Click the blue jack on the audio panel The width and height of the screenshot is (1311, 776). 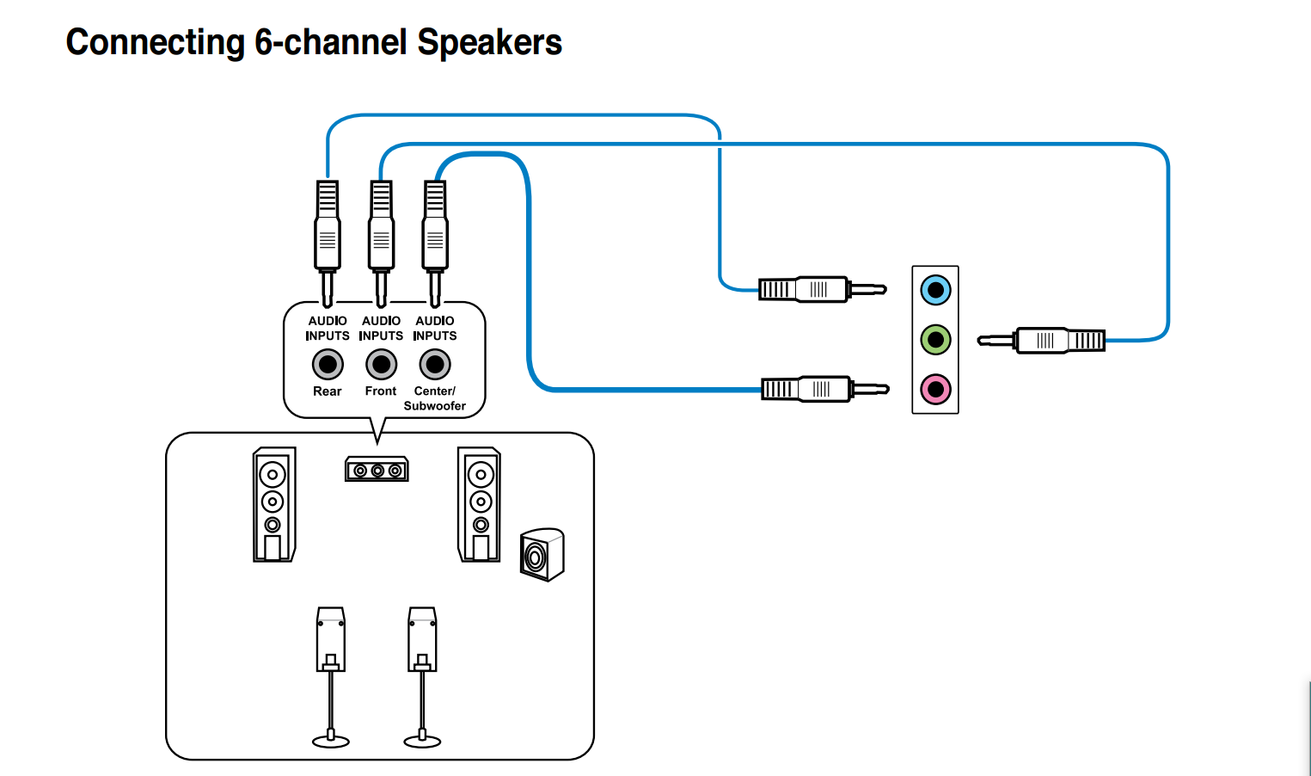pyautogui.click(x=935, y=290)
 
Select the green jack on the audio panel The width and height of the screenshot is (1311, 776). pyautogui.click(x=935, y=340)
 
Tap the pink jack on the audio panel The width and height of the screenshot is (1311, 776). pyautogui.click(x=935, y=390)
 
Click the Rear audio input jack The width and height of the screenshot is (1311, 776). pyautogui.click(x=328, y=365)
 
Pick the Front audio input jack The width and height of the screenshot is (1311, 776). pyautogui.click(x=381, y=365)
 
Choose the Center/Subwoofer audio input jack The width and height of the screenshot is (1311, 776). pyautogui.click(x=435, y=365)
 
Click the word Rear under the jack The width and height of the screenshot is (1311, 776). pyautogui.click(x=328, y=391)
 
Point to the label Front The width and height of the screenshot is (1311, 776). pyautogui.click(x=381, y=391)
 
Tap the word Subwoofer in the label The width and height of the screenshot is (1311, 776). pyautogui.click(x=435, y=406)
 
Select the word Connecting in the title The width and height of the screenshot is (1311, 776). pyautogui.click(x=156, y=42)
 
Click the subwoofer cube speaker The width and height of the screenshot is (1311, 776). pyautogui.click(x=542, y=555)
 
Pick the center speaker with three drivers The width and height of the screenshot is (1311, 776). pyautogui.click(x=377, y=470)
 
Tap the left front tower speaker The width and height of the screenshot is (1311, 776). pyautogui.click(x=274, y=504)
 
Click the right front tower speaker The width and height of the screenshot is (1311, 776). pyautogui.click(x=479, y=504)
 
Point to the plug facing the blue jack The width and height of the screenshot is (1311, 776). pyautogui.click(x=821, y=290)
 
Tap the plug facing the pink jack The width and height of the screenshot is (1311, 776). pyautogui.click(x=824, y=390)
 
